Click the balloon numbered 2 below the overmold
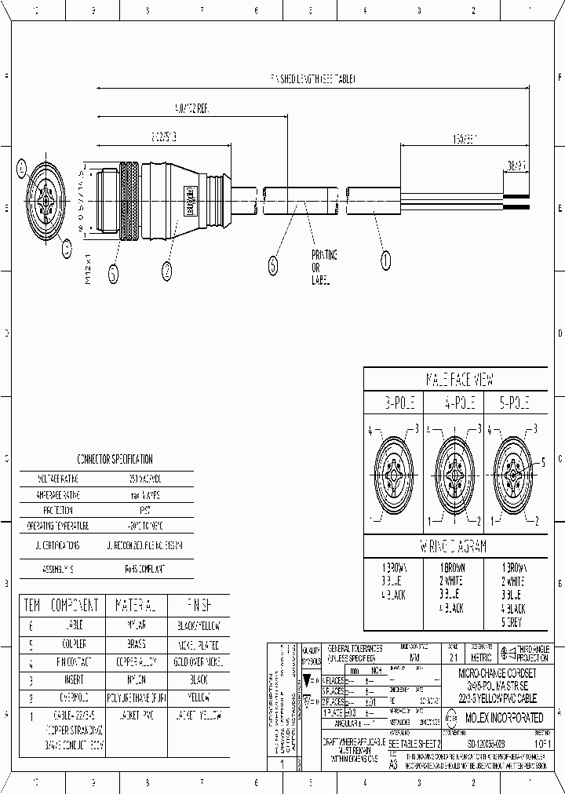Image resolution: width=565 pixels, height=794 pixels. click(x=166, y=271)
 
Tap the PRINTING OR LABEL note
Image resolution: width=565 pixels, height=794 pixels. click(x=324, y=268)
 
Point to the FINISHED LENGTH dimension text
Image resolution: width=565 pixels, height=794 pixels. click(x=312, y=79)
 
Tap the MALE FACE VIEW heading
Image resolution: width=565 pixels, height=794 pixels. click(x=460, y=380)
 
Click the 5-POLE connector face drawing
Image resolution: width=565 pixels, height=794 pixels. click(x=512, y=475)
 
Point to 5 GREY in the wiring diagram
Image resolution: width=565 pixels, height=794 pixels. click(x=514, y=622)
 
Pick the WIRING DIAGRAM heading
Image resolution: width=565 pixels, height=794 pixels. click(x=460, y=546)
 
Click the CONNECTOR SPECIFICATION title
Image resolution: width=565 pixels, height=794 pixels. click(x=115, y=459)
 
